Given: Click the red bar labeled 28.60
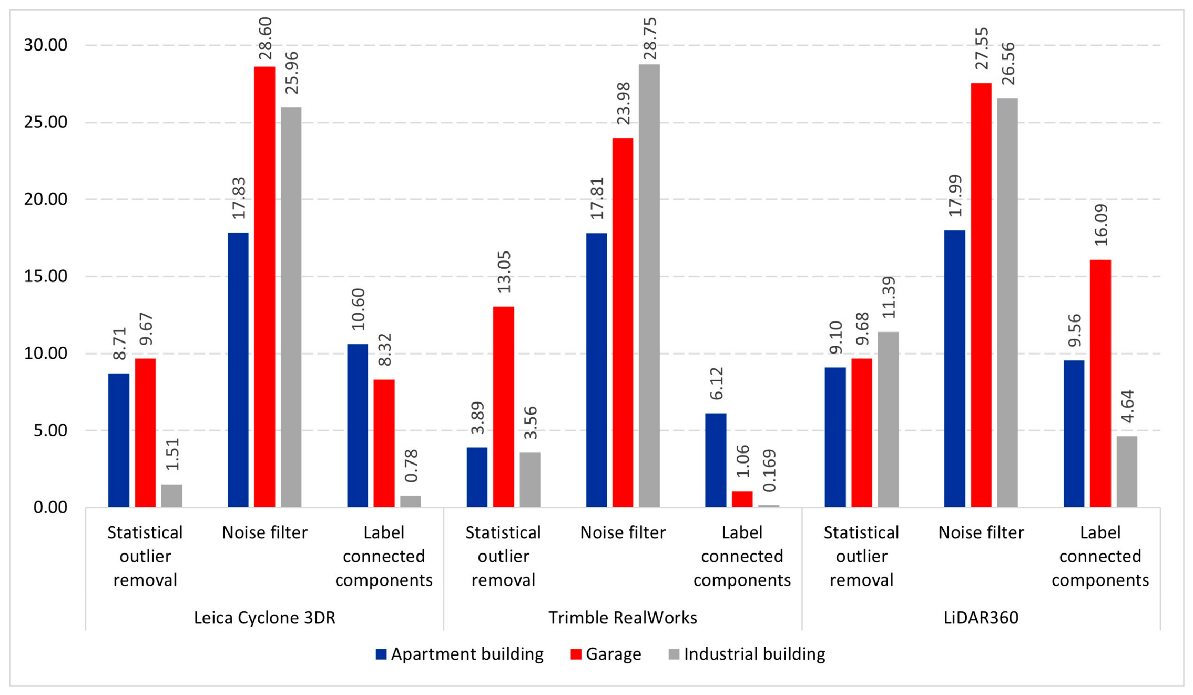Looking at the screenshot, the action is (264, 287).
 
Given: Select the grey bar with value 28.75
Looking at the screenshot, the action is (649, 286).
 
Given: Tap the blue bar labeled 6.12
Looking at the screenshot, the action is (716, 460).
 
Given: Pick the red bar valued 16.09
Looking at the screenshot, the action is (1100, 384).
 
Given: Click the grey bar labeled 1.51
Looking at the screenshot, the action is (172, 496).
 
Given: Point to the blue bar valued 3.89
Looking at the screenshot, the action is (477, 477).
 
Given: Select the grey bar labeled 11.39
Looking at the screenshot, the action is (888, 419).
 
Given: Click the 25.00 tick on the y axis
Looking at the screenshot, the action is (46, 122).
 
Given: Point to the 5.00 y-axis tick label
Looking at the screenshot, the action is (50, 430).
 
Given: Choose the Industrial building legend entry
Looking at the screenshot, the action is (747, 654).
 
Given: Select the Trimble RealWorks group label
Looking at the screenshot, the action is (623, 618).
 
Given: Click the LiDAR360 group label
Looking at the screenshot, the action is (981, 618).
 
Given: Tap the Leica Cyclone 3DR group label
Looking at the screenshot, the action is (264, 618).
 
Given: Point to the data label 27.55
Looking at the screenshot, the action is (982, 48).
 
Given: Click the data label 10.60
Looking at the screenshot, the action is (358, 309).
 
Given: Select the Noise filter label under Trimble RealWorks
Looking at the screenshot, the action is (623, 532).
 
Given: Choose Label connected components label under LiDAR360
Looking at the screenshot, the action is (1100, 556).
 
